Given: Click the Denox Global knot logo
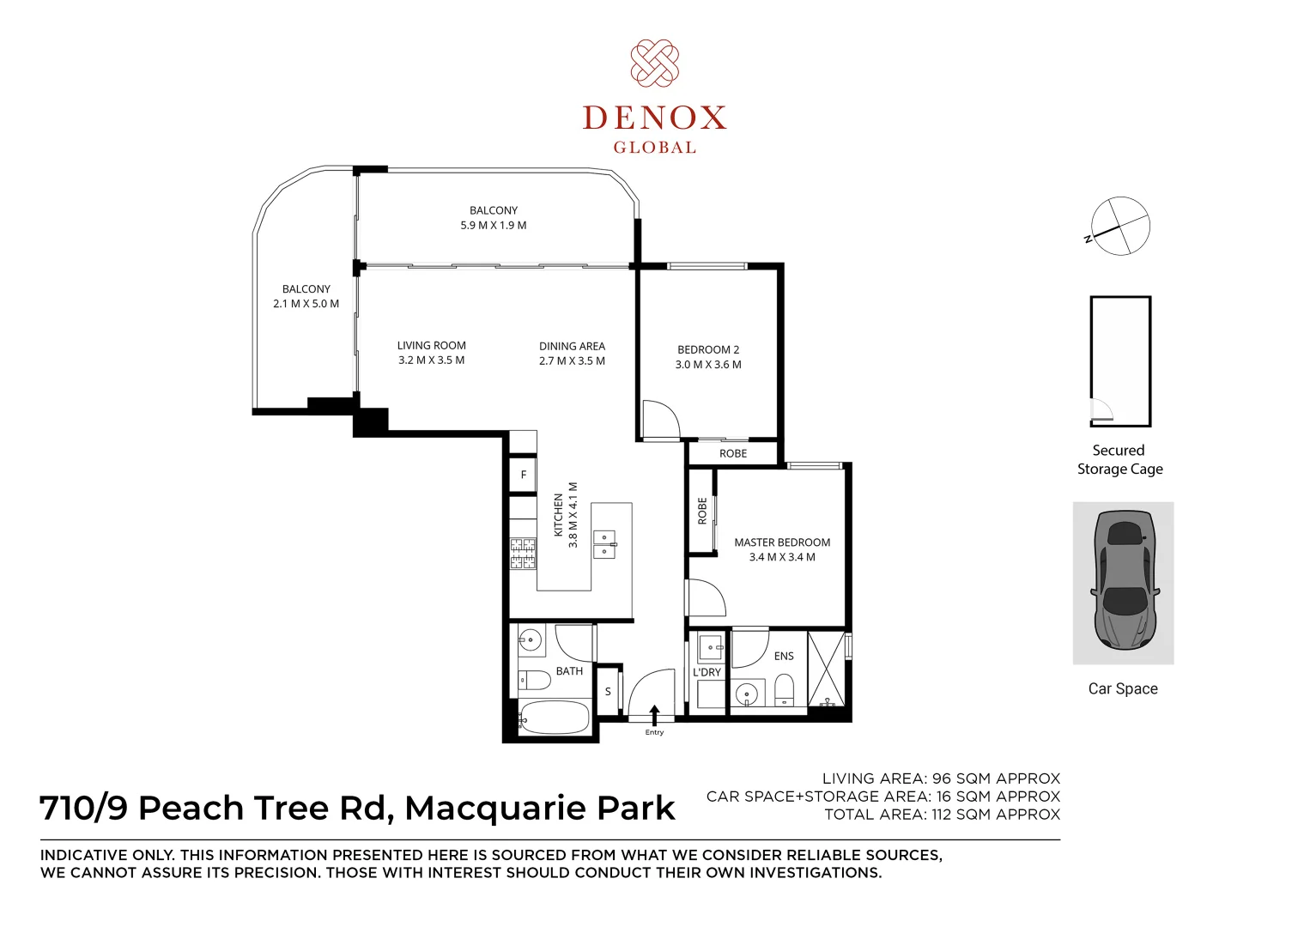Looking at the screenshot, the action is (654, 64).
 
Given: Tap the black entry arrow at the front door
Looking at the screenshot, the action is (654, 716).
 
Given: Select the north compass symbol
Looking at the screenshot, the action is (1119, 226).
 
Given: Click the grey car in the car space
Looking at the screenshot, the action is (1124, 581).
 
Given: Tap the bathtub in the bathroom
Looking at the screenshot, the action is (554, 717).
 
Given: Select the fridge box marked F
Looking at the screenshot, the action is (523, 475).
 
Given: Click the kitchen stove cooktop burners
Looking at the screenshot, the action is (523, 554).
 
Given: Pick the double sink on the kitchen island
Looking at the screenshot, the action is (604, 544).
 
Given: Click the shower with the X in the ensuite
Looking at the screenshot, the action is (827, 669).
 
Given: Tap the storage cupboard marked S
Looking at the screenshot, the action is (608, 691).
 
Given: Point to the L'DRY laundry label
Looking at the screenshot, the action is (707, 673).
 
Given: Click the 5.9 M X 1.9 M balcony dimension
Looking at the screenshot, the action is (493, 225).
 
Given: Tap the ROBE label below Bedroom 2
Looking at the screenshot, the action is (733, 453).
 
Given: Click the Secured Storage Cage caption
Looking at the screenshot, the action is (1120, 460).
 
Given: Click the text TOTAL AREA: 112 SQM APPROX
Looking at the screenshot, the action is (942, 814).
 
